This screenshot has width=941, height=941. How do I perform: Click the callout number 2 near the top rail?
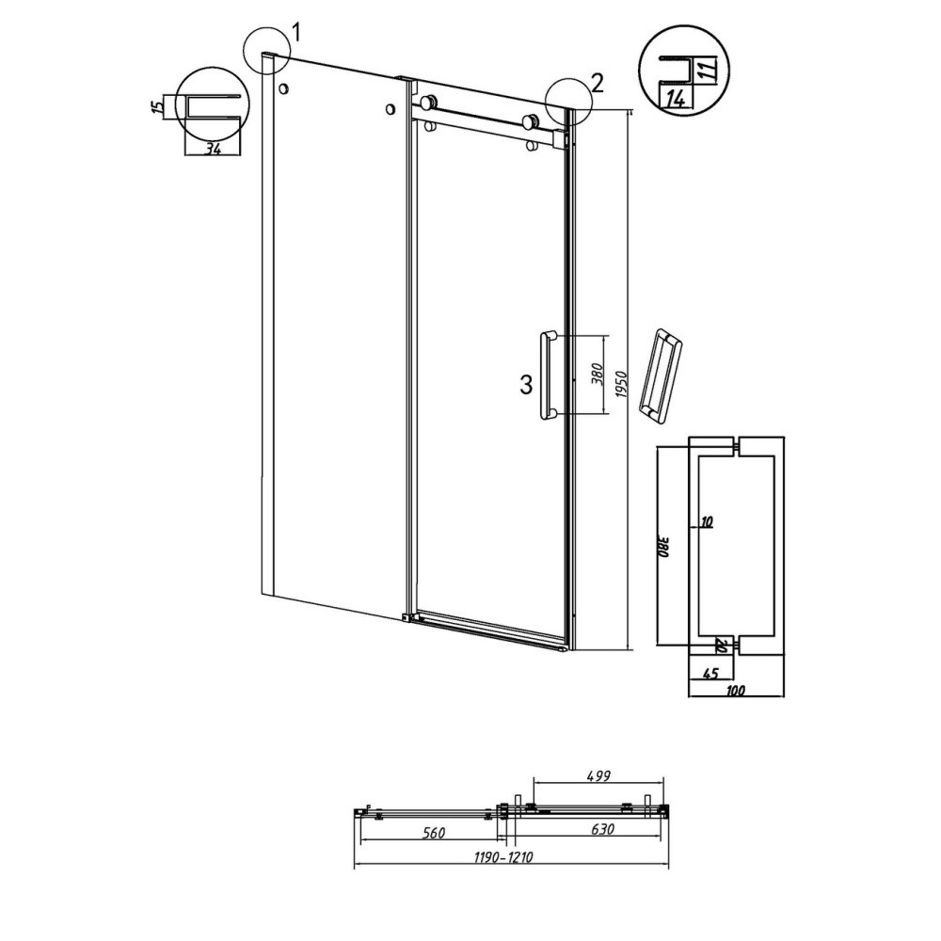(x=597, y=84)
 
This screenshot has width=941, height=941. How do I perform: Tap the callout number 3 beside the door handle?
(x=526, y=385)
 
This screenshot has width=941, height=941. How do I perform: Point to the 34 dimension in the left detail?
(x=214, y=149)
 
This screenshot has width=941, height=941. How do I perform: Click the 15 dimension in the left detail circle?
(x=157, y=107)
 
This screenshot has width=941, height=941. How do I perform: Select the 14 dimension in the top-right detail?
(x=676, y=99)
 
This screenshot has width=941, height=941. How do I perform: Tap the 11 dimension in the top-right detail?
(x=709, y=70)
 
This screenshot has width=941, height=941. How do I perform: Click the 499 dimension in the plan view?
(x=598, y=776)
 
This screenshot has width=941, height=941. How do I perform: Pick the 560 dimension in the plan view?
(x=433, y=833)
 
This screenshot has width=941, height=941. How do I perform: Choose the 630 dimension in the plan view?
(x=602, y=829)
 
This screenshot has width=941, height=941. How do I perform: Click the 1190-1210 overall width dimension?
(x=503, y=857)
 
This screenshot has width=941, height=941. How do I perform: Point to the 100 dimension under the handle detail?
(x=735, y=691)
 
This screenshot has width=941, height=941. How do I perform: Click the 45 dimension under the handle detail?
(x=710, y=674)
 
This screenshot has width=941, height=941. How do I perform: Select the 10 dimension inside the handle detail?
(x=707, y=522)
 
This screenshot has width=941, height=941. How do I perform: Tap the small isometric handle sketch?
(x=661, y=377)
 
